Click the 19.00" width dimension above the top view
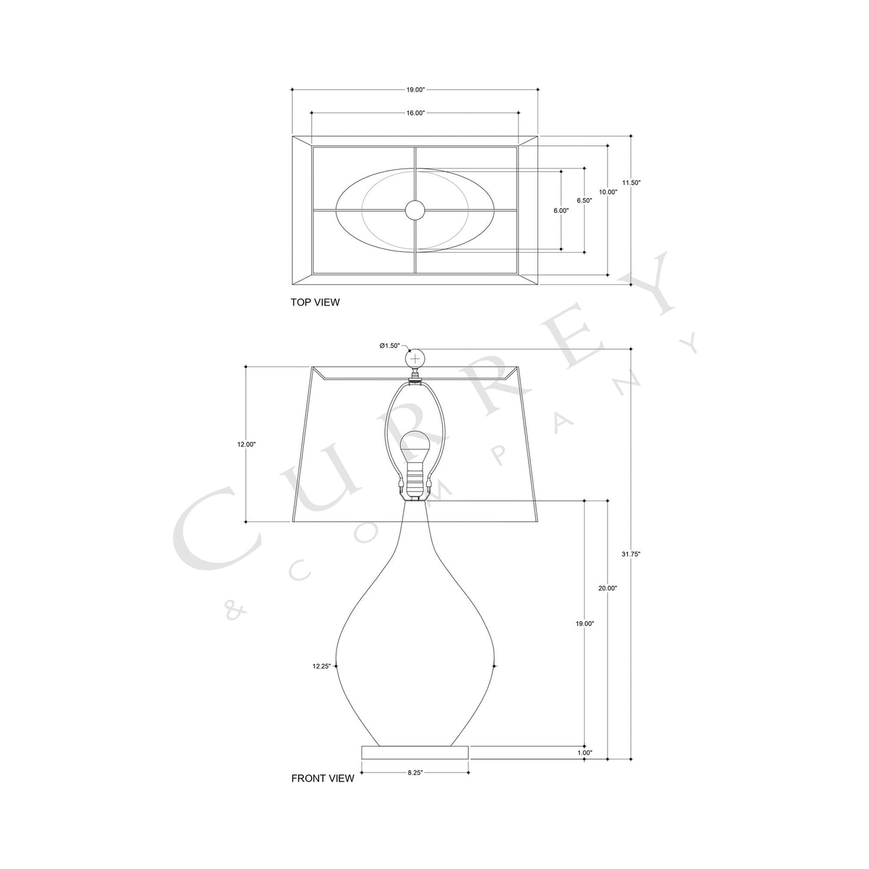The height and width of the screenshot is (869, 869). click(415, 90)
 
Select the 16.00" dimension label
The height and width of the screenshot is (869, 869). click(415, 112)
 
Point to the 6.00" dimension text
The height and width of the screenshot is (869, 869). click(560, 210)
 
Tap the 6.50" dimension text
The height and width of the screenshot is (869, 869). click(584, 201)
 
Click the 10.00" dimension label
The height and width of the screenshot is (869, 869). click(607, 192)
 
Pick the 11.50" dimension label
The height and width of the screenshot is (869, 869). click(631, 182)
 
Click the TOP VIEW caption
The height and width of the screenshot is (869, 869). click(315, 302)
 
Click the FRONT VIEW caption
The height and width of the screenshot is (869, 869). click(322, 779)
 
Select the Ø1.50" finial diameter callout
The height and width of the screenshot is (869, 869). click(390, 346)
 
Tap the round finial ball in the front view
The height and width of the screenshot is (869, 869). click(414, 358)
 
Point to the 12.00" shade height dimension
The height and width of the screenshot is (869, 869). click(247, 444)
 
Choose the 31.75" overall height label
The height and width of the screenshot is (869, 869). click(631, 554)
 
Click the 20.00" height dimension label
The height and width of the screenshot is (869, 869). click(607, 588)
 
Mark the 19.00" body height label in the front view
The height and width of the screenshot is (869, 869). click(585, 624)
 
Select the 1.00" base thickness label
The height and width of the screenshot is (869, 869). click(585, 752)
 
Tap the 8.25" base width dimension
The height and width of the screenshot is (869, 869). click(414, 772)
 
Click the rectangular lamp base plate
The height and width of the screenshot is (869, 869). click(414, 752)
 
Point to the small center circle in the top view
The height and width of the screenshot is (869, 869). click(414, 210)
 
